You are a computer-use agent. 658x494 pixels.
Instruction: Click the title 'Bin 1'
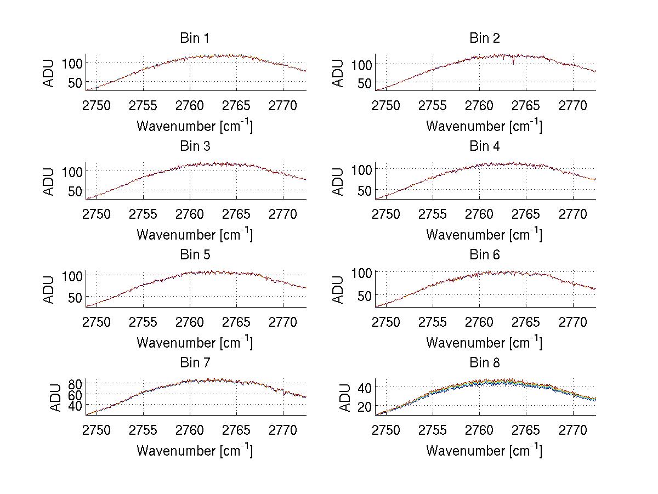coord(194,38)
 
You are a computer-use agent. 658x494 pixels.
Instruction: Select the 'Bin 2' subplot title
coord(484,38)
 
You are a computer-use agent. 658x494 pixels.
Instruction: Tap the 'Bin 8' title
coord(484,363)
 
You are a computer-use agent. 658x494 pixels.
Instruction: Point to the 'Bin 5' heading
coord(194,255)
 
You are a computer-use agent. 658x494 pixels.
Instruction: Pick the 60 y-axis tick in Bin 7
coord(75,394)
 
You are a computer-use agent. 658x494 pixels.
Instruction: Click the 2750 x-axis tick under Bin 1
coord(97,105)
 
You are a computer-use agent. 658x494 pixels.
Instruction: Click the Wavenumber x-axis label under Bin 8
coord(484,451)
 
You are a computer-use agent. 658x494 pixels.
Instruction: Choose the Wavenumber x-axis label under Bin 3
coord(194,235)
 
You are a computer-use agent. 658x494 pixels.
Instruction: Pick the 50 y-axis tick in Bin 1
coord(75,82)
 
